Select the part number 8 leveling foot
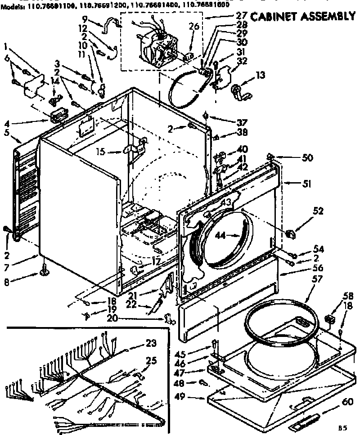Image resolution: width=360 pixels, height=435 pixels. pyautogui.click(x=45, y=271)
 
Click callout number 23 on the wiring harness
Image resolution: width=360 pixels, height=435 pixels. pyautogui.click(x=151, y=344)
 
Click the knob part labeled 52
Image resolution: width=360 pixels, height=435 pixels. pyautogui.click(x=290, y=233)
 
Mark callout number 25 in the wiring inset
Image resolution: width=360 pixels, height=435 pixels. pyautogui.click(x=151, y=360)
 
